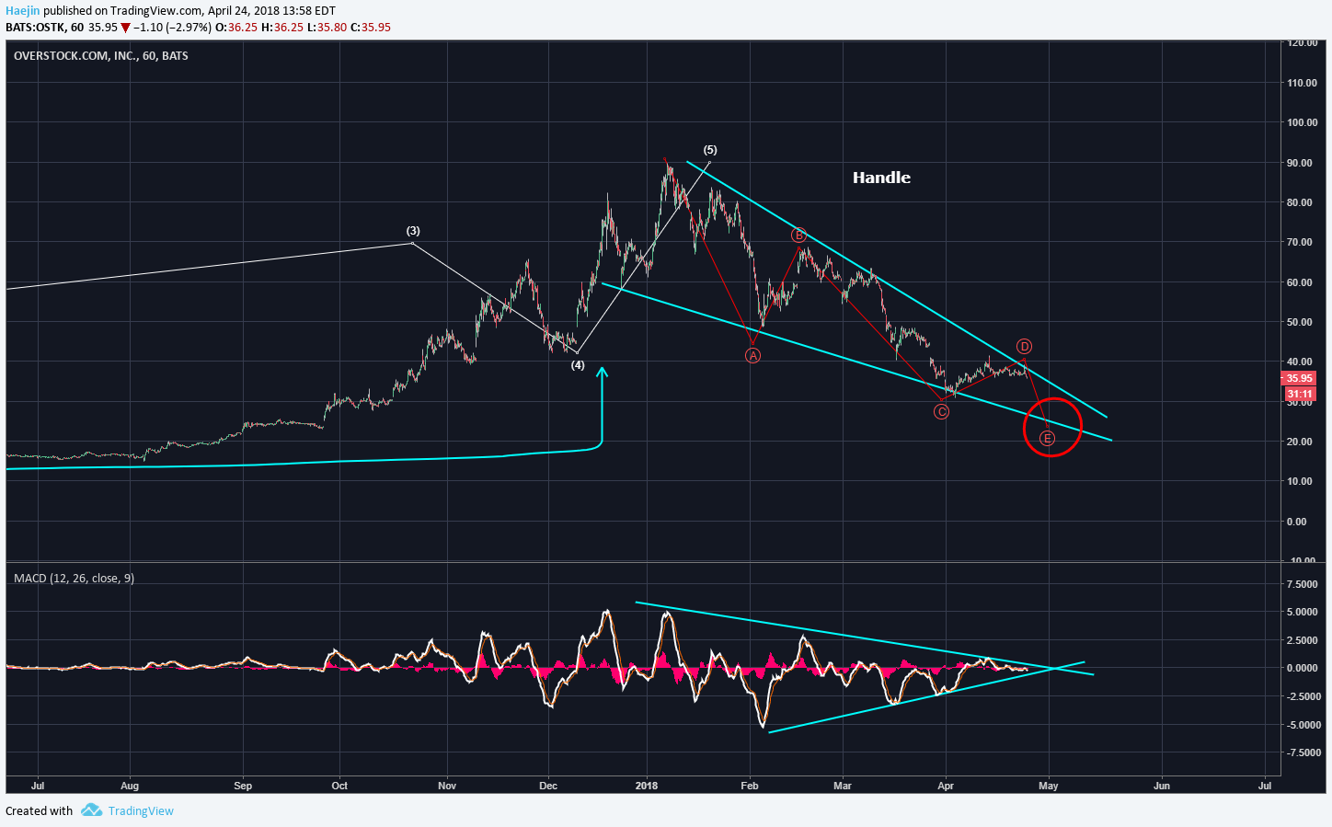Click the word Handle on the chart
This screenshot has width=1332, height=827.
pyautogui.click(x=881, y=178)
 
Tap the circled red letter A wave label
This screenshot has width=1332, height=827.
pyautogui.click(x=752, y=355)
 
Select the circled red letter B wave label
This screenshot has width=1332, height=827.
pyautogui.click(x=798, y=235)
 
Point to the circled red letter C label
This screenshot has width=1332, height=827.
pyautogui.click(x=941, y=411)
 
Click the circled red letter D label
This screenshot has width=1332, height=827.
pyautogui.click(x=1024, y=347)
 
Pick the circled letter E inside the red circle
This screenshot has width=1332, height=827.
pyautogui.click(x=1047, y=438)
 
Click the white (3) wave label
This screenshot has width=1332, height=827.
pyautogui.click(x=413, y=231)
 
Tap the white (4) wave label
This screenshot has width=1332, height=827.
pyautogui.click(x=578, y=365)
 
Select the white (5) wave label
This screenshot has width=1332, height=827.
pyautogui.click(x=710, y=150)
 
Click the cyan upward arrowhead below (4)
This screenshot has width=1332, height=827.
pyautogui.click(x=602, y=373)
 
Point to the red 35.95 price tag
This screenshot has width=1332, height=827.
pyautogui.click(x=1299, y=378)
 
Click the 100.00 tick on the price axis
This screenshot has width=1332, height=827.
pyautogui.click(x=1302, y=122)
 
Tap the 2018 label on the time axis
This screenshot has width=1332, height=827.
pyautogui.click(x=647, y=786)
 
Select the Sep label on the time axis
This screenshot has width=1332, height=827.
pyautogui.click(x=243, y=786)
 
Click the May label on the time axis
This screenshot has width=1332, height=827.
pyautogui.click(x=1048, y=786)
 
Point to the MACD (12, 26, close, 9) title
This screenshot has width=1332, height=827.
pyautogui.click(x=74, y=578)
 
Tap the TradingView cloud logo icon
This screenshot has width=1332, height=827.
pyautogui.click(x=91, y=810)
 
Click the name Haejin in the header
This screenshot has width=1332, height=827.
pyautogui.click(x=23, y=11)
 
